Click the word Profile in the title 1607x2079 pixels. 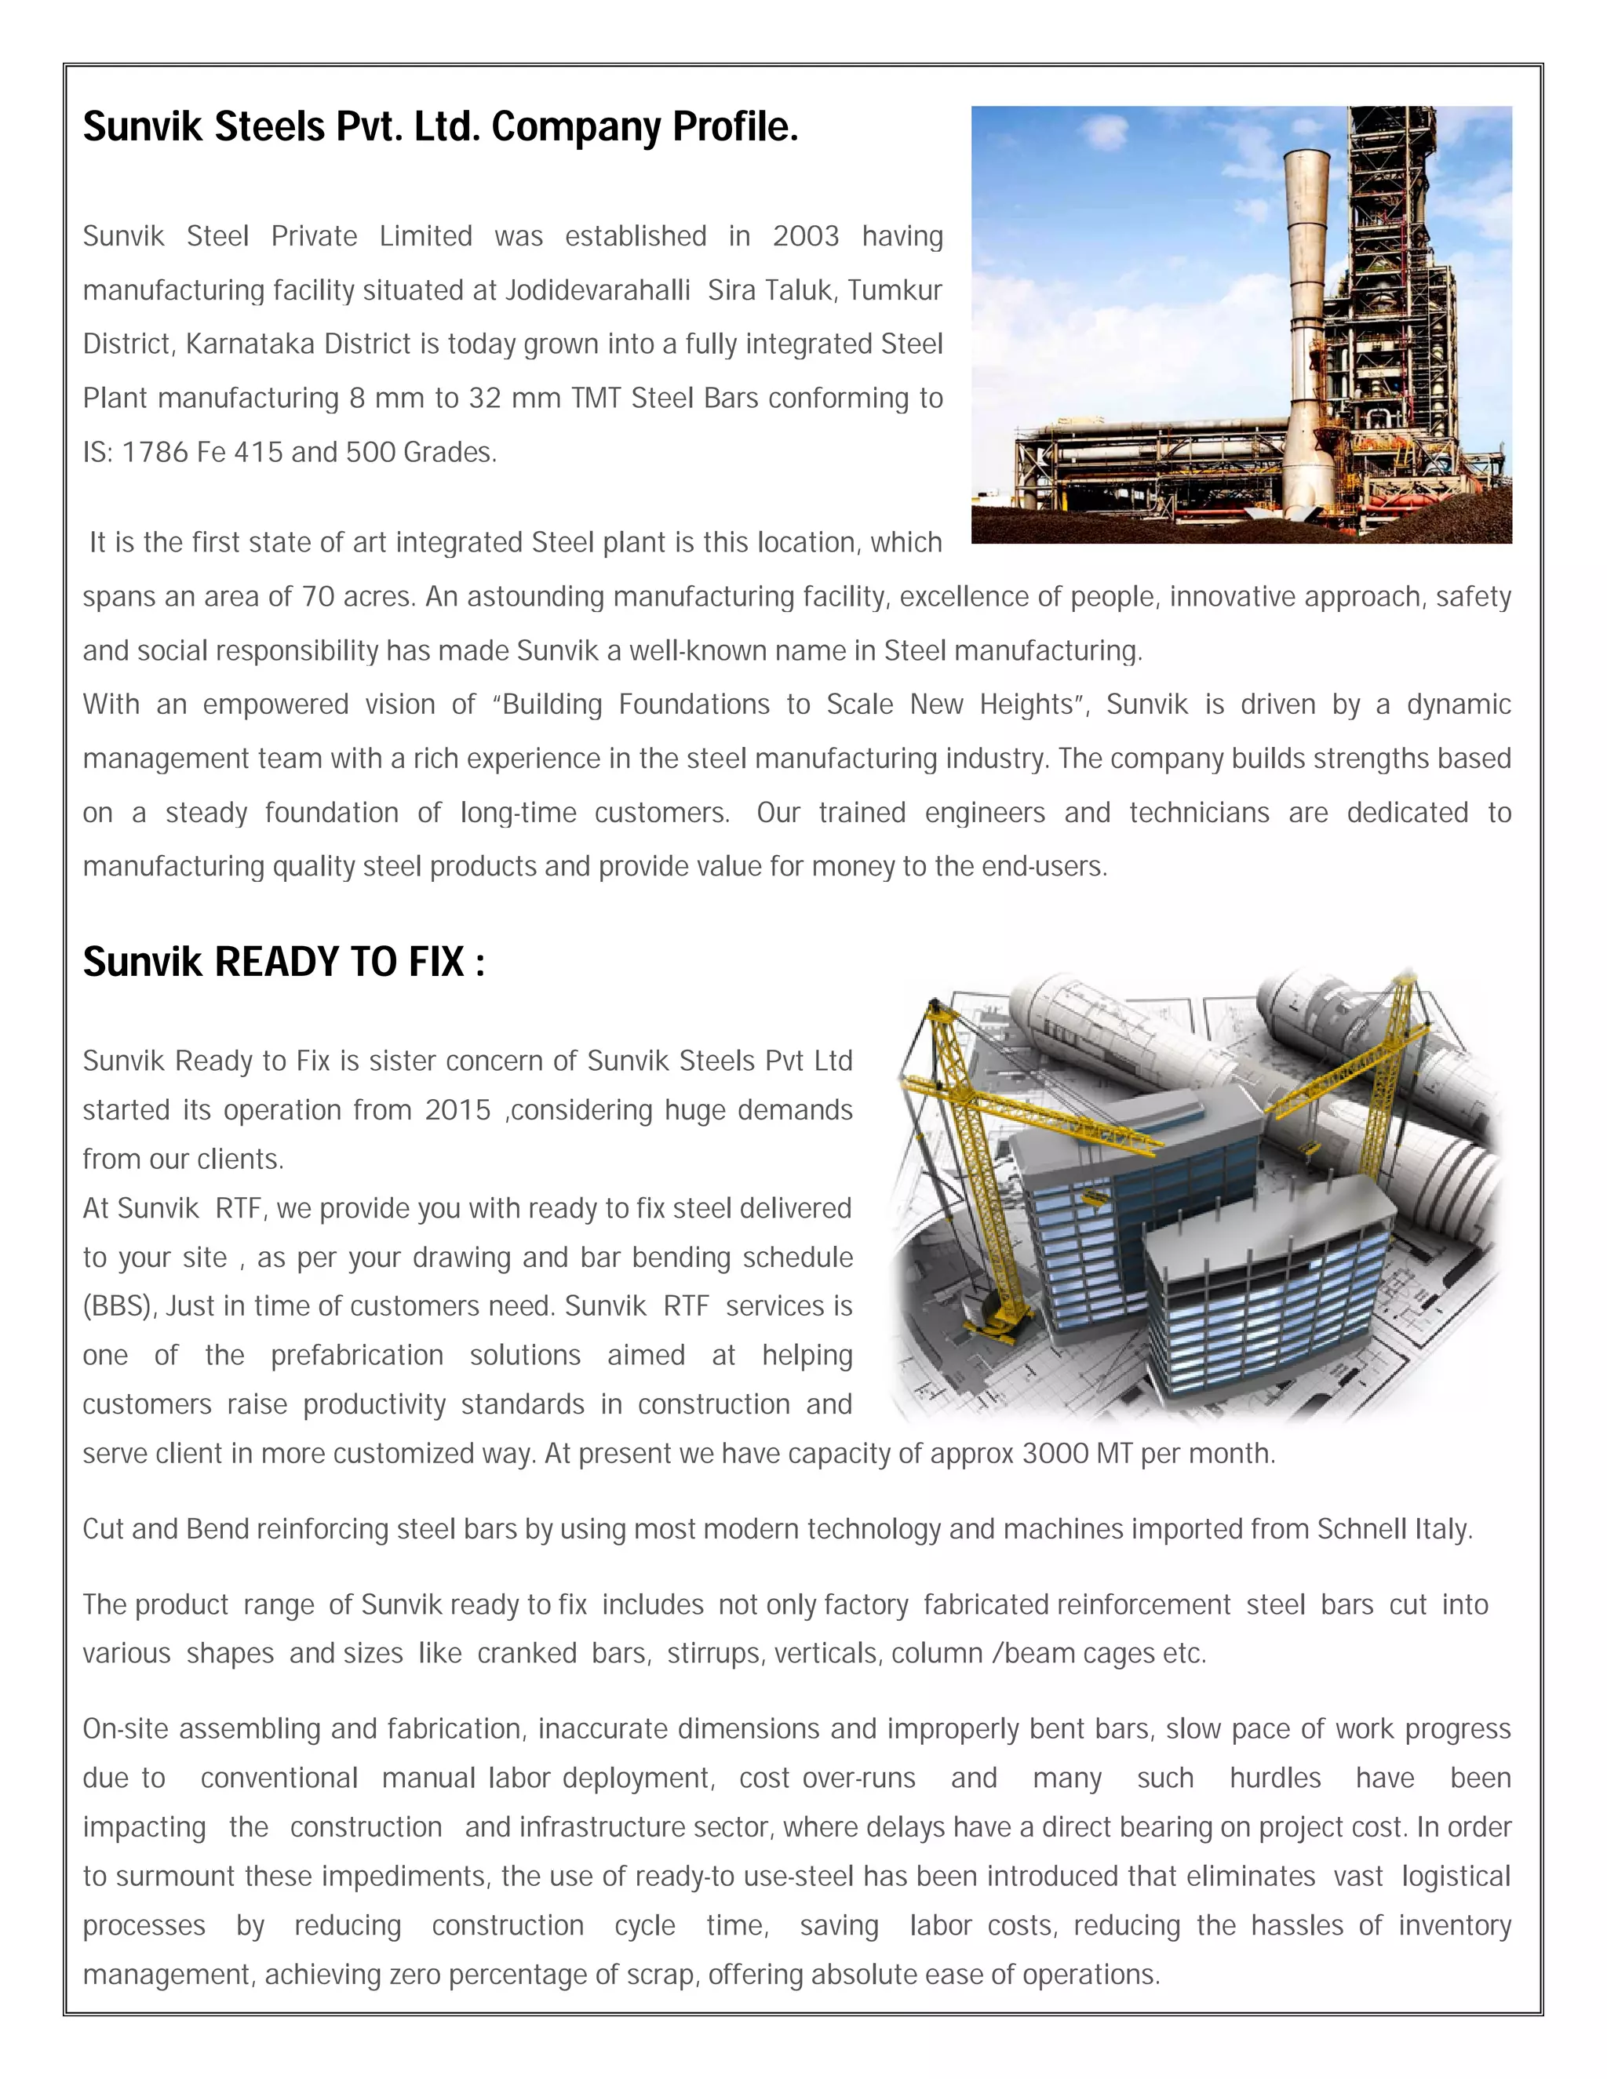(735, 126)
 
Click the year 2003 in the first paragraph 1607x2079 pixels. (805, 236)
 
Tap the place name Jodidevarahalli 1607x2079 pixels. (597, 290)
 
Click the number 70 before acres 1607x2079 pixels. (318, 597)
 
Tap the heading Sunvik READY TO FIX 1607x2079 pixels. (284, 962)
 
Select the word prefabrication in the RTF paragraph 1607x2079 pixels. (357, 1356)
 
